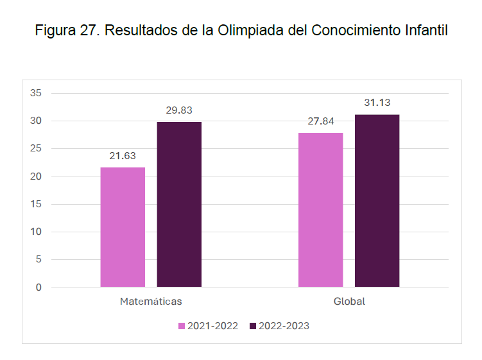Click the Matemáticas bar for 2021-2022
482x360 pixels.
(123, 227)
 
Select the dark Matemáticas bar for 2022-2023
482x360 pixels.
(179, 204)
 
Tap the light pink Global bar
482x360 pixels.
(320, 210)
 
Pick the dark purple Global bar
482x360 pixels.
(377, 201)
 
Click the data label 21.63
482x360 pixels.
(123, 156)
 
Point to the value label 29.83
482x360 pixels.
(179, 110)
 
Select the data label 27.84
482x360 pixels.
(320, 121)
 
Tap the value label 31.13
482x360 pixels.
(377, 102)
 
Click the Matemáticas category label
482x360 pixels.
(151, 301)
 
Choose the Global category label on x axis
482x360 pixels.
(349, 301)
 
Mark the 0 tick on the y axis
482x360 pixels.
(39, 287)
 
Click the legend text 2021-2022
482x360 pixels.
(212, 326)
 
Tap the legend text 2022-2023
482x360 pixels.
(284, 326)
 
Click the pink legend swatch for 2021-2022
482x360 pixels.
(182, 326)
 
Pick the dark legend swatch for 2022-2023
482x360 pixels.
(253, 326)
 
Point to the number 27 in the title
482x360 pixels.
(86, 30)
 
